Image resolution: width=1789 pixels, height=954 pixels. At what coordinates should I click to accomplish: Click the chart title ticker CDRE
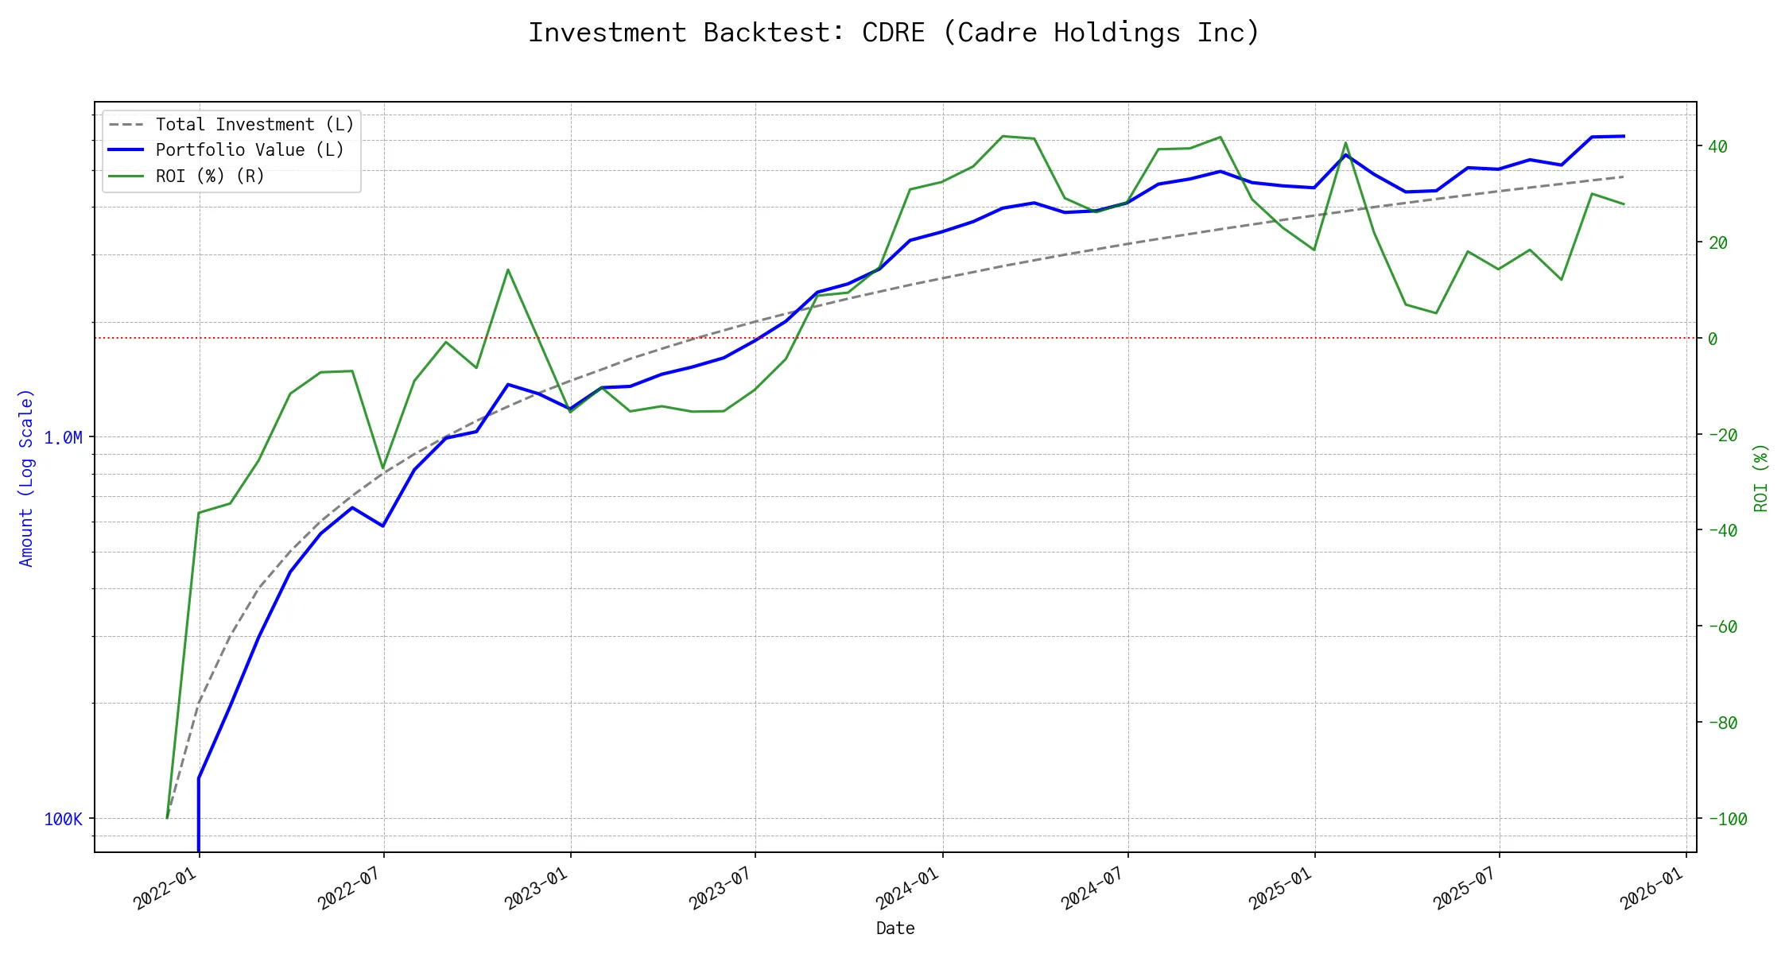click(893, 33)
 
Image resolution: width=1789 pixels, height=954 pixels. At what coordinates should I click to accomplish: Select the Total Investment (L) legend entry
click(254, 125)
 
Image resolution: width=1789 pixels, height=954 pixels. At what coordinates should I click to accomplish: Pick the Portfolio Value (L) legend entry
click(250, 150)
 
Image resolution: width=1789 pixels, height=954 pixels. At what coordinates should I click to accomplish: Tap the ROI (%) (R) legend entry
click(210, 176)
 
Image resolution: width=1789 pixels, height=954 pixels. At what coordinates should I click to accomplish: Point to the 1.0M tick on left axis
click(63, 438)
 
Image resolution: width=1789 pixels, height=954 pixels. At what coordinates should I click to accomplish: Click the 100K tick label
click(63, 820)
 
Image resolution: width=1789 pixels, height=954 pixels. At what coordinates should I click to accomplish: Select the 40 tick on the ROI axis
click(1717, 146)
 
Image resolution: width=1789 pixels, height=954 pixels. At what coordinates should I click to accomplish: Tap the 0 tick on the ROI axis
click(1713, 339)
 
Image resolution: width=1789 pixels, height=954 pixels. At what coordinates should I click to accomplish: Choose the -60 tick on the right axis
click(1722, 627)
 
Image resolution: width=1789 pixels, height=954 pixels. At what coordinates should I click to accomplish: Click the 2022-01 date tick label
click(165, 887)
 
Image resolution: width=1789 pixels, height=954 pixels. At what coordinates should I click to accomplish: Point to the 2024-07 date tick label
click(1093, 887)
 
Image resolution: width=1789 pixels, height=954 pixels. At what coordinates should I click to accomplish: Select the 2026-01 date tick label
click(1652, 887)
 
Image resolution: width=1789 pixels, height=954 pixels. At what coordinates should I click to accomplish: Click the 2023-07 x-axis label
click(721, 887)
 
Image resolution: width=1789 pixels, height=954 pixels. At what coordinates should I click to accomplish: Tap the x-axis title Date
click(895, 929)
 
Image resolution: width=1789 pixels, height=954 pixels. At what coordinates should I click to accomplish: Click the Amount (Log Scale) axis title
click(26, 478)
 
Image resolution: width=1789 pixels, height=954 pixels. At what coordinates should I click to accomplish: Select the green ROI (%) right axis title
click(1761, 478)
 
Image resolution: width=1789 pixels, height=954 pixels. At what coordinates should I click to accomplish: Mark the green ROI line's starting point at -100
click(167, 817)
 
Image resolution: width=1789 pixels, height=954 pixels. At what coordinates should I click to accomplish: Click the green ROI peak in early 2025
click(1345, 143)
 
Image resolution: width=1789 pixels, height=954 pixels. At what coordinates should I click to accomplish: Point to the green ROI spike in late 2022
click(508, 270)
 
